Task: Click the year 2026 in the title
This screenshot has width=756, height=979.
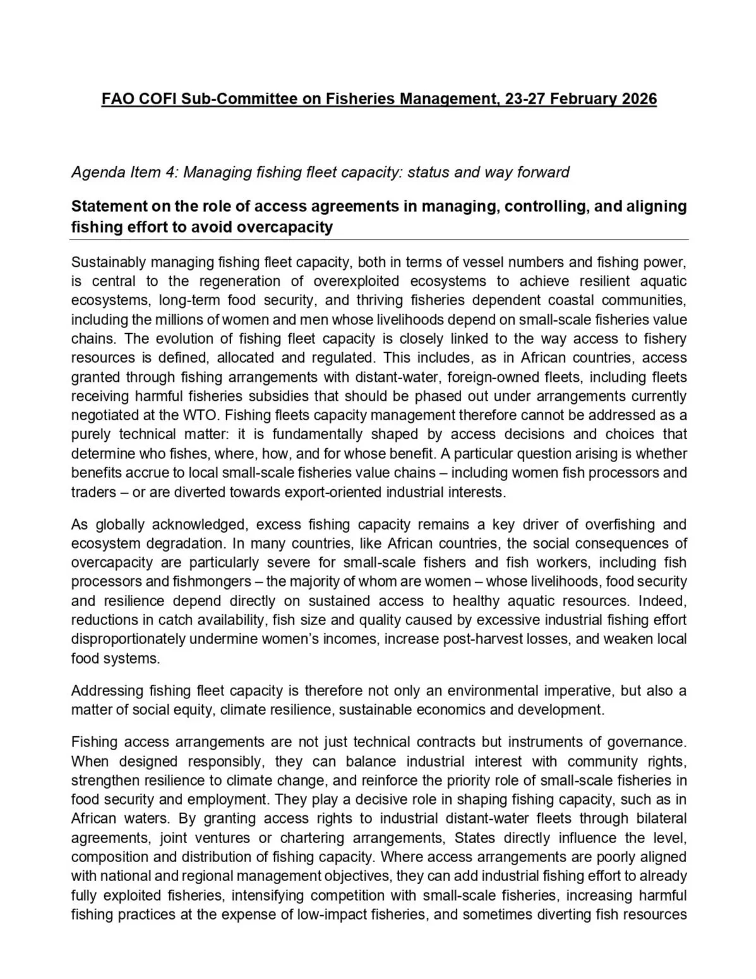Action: click(639, 99)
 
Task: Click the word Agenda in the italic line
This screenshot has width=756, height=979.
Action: click(93, 172)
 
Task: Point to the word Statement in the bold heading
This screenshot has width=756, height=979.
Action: click(107, 207)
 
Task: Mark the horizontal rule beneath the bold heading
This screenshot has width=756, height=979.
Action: click(379, 240)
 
